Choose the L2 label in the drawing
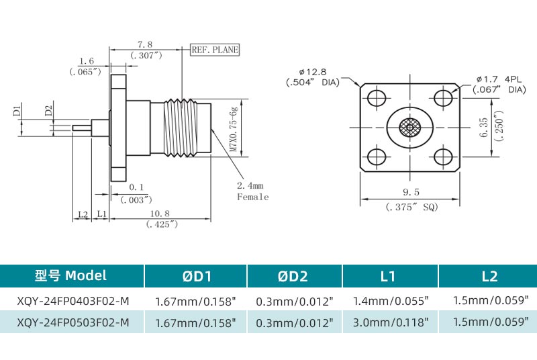83,214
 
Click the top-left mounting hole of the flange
375,98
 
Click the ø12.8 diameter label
312,72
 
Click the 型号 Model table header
71,275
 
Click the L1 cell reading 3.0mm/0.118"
390,322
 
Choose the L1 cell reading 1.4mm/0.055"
390,301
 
